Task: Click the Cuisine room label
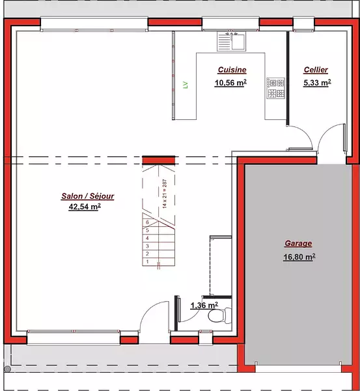[x=232, y=70]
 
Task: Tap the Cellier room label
[x=316, y=70]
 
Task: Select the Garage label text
[x=298, y=243]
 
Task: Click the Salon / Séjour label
[x=88, y=196]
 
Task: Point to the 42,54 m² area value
[x=85, y=207]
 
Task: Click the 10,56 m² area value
[x=230, y=83]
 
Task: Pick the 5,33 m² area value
[x=317, y=83]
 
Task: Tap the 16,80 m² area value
[x=299, y=257]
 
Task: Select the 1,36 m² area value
[x=204, y=305]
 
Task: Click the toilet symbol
[x=220, y=315]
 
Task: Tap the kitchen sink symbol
[x=232, y=42]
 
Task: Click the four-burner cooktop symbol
[x=275, y=88]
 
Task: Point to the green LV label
[x=186, y=85]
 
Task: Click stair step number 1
[x=148, y=261]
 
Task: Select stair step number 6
[x=148, y=222]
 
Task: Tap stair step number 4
[x=148, y=238]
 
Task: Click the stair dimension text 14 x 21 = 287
[x=165, y=194]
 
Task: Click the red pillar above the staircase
[x=159, y=160]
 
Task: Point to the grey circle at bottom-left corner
[x=7, y=369]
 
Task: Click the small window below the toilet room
[x=206, y=338]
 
